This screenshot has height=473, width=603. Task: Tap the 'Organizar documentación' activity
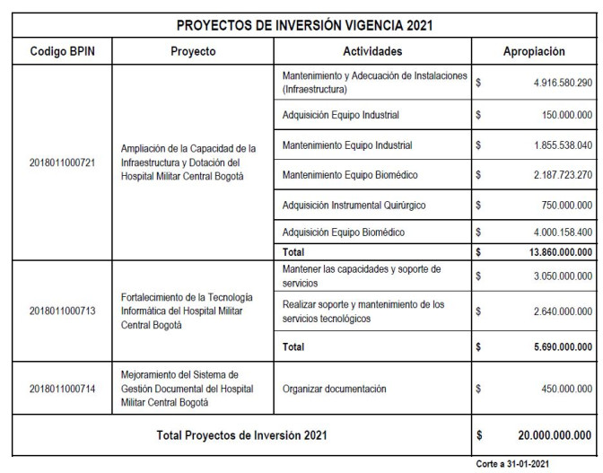coord(335,390)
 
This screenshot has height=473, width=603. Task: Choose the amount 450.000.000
coord(558,390)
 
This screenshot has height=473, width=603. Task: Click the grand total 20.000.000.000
coord(555,436)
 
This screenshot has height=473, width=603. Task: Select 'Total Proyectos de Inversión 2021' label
coord(242,436)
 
